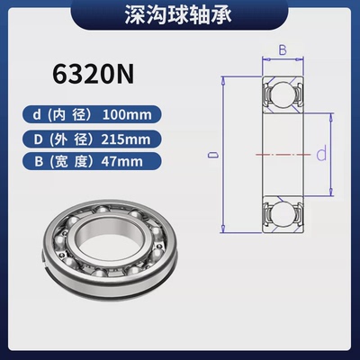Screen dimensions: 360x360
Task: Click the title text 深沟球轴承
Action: (x=180, y=15)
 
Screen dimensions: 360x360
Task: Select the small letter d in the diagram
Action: (x=319, y=155)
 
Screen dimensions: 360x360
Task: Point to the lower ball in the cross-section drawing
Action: (x=280, y=212)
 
